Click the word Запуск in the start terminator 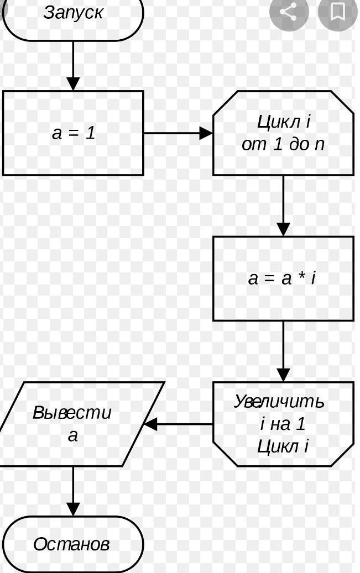[73, 12]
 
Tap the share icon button [289, 12]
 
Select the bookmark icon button [337, 12]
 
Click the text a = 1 [74, 133]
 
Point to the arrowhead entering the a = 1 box [73, 83]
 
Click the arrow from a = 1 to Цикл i [178, 133]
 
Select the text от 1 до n [283, 144]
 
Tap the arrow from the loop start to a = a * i [283, 206]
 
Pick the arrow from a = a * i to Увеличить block [283, 351]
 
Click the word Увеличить [279, 401]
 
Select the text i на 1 [283, 424]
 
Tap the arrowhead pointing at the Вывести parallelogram [150, 424]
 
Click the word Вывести [72, 413]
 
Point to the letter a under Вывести [73, 435]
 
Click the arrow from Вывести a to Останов [73, 491]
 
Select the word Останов [72, 544]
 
